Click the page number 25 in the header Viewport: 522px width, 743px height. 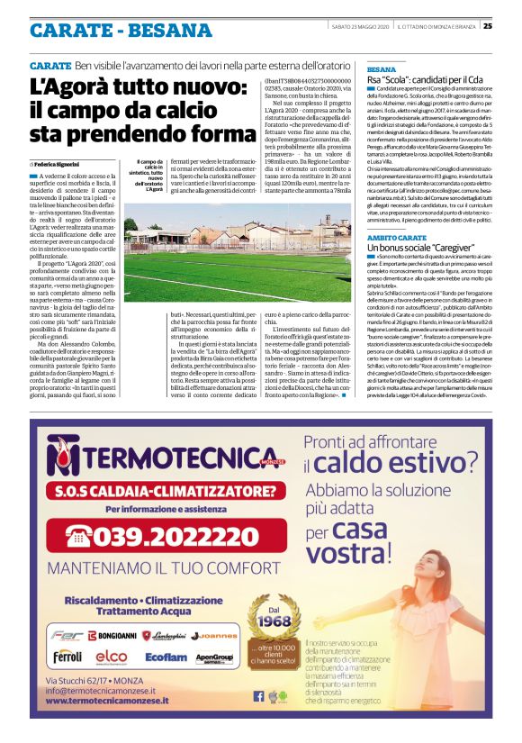point(512,25)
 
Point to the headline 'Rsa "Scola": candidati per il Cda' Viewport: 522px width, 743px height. point(425,81)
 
